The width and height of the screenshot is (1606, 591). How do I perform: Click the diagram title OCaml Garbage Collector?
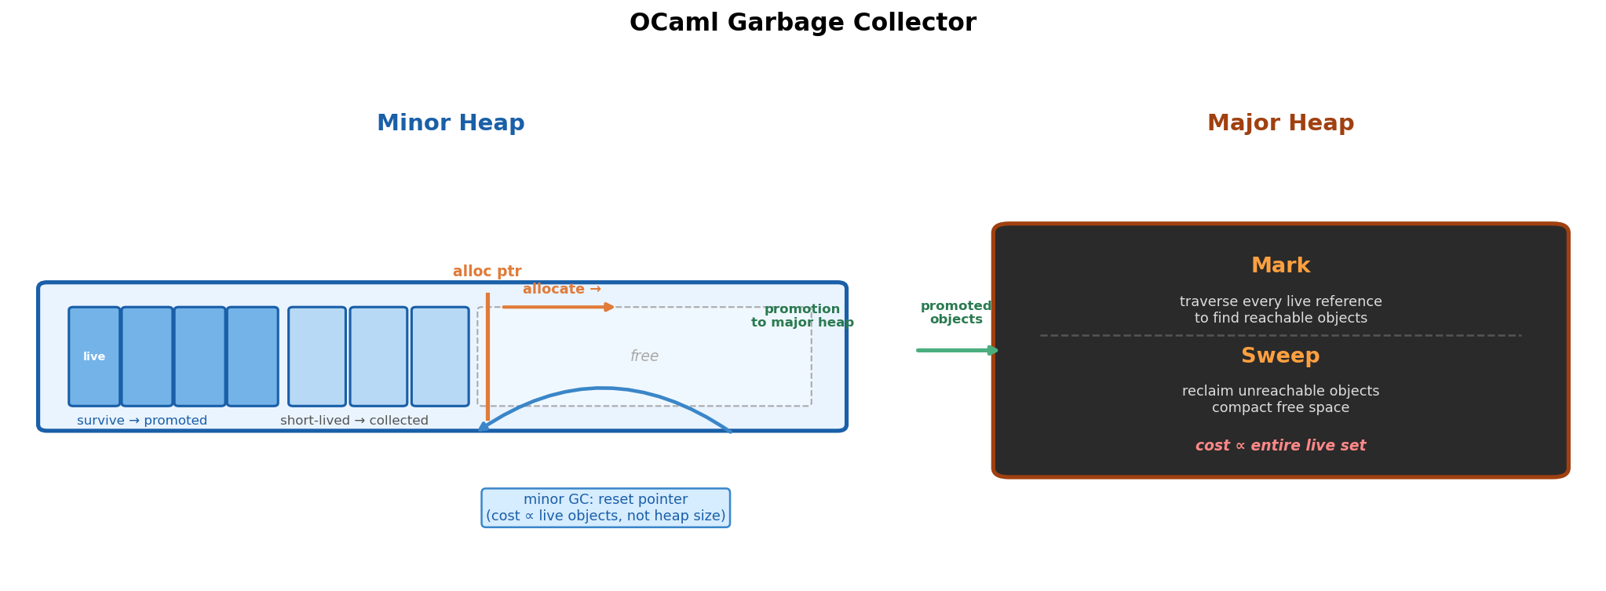(802, 23)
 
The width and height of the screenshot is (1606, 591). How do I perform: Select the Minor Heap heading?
(451, 123)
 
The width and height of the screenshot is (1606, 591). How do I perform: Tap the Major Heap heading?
(1280, 123)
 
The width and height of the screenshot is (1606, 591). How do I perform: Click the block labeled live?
(94, 356)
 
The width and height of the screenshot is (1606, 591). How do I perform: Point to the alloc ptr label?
(487, 272)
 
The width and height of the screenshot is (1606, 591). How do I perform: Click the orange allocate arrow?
(559, 307)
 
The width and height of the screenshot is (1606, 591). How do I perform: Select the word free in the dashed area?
(644, 356)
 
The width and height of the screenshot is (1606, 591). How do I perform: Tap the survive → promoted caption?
(142, 421)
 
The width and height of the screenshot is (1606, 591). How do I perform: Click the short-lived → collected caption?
(354, 421)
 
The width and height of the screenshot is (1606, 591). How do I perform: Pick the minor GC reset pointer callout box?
(605, 508)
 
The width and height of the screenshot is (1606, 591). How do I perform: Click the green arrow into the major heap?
(956, 350)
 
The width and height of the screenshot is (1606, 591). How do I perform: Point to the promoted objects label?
(955, 312)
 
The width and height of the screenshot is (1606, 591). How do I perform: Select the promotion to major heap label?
(801, 316)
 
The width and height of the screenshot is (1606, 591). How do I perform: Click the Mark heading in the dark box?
(1280, 266)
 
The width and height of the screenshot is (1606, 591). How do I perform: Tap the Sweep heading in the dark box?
(1280, 356)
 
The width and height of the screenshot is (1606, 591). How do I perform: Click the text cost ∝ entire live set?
(1280, 446)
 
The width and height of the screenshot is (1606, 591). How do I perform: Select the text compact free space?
(1280, 408)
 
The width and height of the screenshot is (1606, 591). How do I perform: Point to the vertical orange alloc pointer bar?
(487, 357)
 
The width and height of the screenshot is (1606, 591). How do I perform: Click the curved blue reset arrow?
(602, 389)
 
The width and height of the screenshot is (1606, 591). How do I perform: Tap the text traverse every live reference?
(1280, 302)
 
